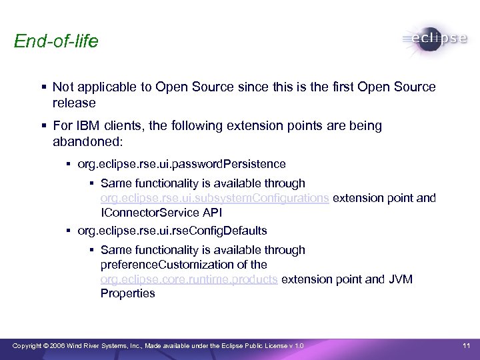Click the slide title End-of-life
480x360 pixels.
[x=56, y=41]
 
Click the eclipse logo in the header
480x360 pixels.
[x=435, y=39]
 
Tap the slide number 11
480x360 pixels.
[x=467, y=345]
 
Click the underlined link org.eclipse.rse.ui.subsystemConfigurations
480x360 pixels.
[x=214, y=198]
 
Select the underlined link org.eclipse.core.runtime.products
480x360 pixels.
[x=189, y=279]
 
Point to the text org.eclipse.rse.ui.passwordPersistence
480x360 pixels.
[x=181, y=164]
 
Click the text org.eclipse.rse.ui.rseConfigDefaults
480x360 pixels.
[x=172, y=231]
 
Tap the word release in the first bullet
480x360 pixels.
[x=74, y=103]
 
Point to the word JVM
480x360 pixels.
[x=399, y=279]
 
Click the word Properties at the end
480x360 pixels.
[x=127, y=293]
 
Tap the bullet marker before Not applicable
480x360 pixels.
[x=43, y=87]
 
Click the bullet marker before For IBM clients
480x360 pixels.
[x=43, y=126]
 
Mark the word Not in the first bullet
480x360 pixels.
[x=62, y=87]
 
